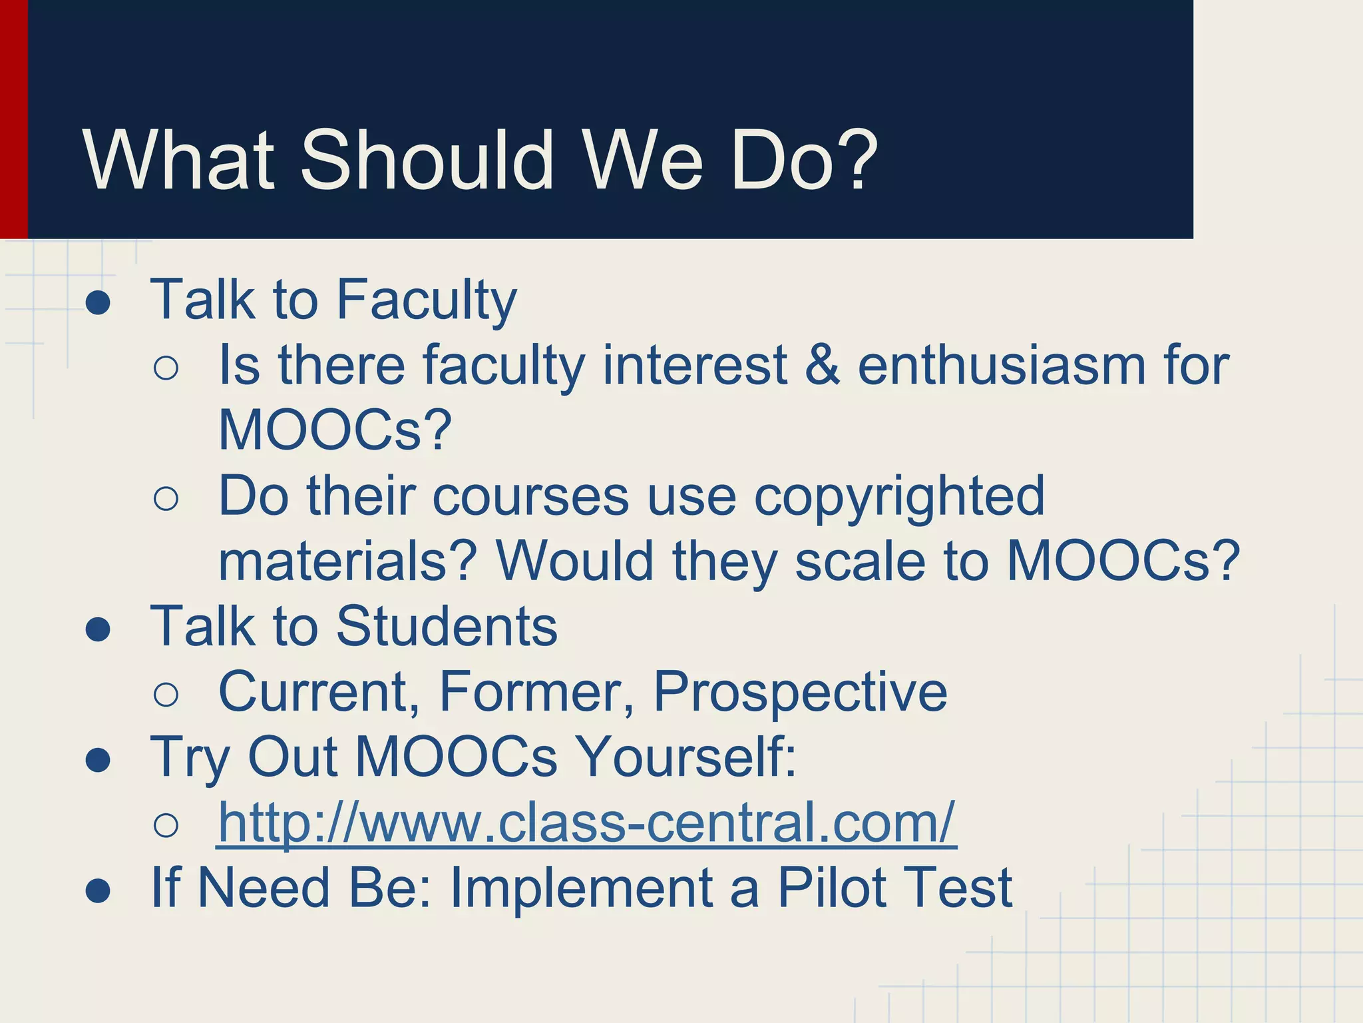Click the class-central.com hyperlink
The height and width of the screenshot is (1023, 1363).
[586, 824]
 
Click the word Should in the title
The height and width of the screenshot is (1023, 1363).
[426, 161]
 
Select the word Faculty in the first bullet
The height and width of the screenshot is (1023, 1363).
[426, 300]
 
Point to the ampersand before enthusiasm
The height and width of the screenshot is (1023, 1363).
[822, 366]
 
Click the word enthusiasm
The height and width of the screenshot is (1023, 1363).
[1000, 366]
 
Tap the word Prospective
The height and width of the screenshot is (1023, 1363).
[800, 692]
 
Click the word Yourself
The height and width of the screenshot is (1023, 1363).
[685, 757]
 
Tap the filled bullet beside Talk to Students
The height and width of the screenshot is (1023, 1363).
[98, 629]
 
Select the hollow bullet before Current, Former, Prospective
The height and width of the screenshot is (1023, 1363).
[166, 695]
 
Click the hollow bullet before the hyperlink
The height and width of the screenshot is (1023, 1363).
[166, 826]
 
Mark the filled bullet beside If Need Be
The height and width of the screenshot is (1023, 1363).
[98, 891]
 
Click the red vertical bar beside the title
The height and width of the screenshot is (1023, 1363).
[13, 120]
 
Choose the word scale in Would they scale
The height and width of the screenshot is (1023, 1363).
[859, 561]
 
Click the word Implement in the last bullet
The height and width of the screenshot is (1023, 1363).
[582, 888]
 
